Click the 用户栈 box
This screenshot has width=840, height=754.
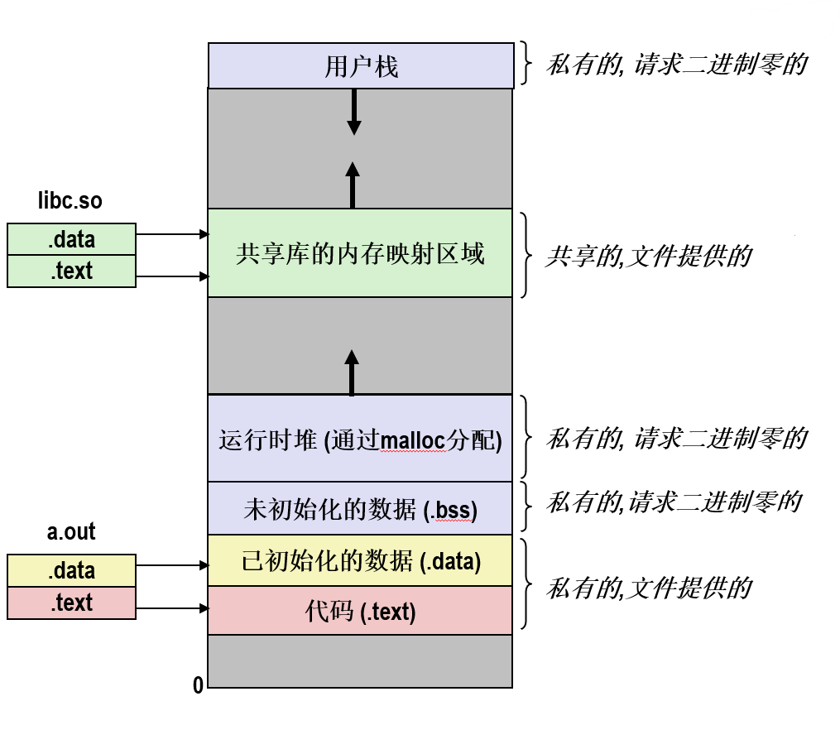[x=360, y=66]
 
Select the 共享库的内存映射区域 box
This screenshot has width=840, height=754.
[x=360, y=253]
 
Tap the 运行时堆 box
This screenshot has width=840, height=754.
[x=360, y=439]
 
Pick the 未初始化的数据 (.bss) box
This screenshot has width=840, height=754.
[x=360, y=507]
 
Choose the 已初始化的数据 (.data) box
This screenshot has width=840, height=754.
[x=360, y=561]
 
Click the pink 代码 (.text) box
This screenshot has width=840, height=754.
[x=360, y=612]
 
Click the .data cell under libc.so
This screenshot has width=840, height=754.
[x=71, y=240]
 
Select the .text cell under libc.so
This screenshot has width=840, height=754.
[x=71, y=271]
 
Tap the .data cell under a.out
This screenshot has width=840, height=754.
[x=71, y=570]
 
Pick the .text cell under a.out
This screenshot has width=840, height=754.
[x=71, y=603]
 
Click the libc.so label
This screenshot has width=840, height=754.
[x=70, y=201]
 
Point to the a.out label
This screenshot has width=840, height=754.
[x=71, y=531]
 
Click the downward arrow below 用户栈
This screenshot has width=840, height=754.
[x=354, y=112]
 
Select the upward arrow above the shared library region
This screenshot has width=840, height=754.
[x=353, y=184]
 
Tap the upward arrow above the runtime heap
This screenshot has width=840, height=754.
[x=352, y=372]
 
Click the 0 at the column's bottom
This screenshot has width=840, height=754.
[x=198, y=685]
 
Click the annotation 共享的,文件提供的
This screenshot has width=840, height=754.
[x=648, y=256]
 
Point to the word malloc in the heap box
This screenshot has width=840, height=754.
[x=413, y=439]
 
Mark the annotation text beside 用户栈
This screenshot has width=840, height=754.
[x=675, y=65]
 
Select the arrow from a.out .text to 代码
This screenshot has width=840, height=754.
[x=171, y=608]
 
